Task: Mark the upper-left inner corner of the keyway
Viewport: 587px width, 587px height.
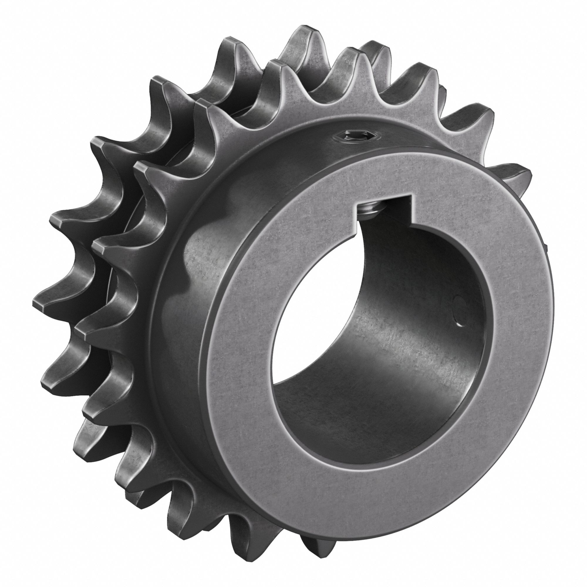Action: point(359,201)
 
